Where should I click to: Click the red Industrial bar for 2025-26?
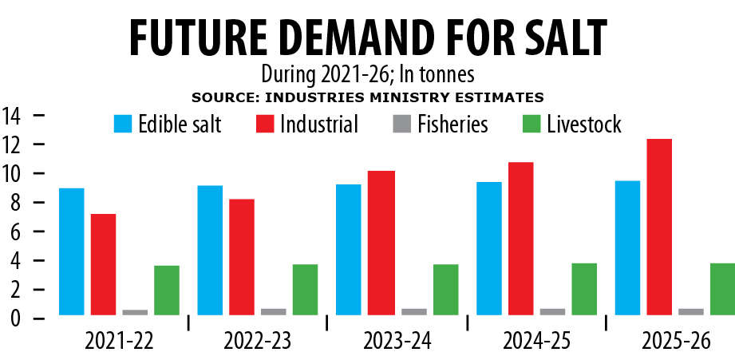pyautogui.click(x=658, y=227)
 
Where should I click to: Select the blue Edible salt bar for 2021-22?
pyautogui.click(x=71, y=251)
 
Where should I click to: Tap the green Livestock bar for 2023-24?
pyautogui.click(x=445, y=290)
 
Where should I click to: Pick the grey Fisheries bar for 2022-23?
pyautogui.click(x=273, y=311)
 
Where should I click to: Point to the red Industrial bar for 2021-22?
pyautogui.click(x=103, y=264)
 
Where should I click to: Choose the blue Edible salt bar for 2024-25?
pyautogui.click(x=488, y=248)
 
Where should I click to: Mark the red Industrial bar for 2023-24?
pyautogui.click(x=381, y=243)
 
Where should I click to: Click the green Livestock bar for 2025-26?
pyautogui.click(x=721, y=289)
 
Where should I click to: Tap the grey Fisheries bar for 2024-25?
pyautogui.click(x=551, y=311)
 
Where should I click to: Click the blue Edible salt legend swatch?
pyautogui.click(x=123, y=124)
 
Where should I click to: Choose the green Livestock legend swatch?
pyautogui.click(x=531, y=124)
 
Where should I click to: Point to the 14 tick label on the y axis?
pyautogui.click(x=14, y=116)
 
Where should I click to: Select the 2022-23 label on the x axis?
pyautogui.click(x=257, y=341)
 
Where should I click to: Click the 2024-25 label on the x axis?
pyautogui.click(x=536, y=341)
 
